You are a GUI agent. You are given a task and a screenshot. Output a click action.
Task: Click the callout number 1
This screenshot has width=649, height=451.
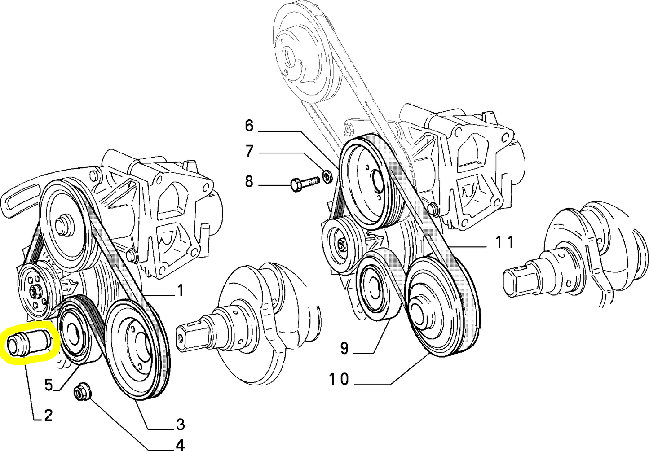180,291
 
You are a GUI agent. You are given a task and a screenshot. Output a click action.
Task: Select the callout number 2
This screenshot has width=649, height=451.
48,415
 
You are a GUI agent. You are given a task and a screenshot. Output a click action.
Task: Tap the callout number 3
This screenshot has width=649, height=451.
180,424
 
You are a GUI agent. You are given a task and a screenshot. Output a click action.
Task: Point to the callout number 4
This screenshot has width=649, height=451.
180,445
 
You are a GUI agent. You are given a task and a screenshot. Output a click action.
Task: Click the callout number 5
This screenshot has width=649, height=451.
49,385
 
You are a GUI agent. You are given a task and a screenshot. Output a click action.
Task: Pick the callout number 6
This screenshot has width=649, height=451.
249,126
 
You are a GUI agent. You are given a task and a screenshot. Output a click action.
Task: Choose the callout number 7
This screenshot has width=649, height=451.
249,151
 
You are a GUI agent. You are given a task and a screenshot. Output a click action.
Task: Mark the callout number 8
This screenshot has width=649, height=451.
249,182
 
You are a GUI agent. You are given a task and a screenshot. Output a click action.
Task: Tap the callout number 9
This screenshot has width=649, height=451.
344,348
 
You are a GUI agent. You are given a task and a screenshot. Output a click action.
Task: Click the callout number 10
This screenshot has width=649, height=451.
339,380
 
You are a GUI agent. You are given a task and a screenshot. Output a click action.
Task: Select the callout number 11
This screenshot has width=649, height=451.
504,242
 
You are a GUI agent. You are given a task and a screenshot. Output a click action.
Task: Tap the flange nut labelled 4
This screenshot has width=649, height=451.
82,392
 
